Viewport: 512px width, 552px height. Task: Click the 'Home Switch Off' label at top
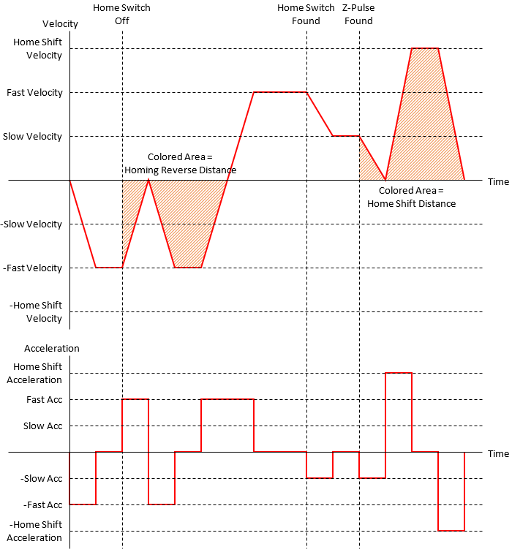[121, 15]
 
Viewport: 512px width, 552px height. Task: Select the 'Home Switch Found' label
[306, 15]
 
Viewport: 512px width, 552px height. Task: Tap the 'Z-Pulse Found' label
[358, 15]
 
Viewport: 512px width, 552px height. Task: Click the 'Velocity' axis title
[60, 24]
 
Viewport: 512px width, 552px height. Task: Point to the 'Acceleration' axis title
[52, 348]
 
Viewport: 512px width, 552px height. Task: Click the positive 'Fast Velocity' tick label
[34, 93]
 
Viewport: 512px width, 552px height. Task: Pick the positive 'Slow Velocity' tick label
[33, 137]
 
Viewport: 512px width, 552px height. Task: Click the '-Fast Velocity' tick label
[32, 268]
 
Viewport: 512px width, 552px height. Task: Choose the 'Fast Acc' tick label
[43, 399]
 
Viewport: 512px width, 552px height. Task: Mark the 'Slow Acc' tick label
[42, 426]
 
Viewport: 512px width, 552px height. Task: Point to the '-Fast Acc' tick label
[42, 505]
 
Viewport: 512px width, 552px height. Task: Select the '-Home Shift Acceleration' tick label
[36, 532]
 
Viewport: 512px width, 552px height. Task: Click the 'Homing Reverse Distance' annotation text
[180, 170]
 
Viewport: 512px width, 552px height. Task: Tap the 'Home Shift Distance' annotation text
[411, 204]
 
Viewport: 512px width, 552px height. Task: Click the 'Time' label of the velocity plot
[498, 181]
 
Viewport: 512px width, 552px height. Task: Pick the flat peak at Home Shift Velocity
[425, 48]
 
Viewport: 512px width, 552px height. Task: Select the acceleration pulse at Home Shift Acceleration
[399, 374]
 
